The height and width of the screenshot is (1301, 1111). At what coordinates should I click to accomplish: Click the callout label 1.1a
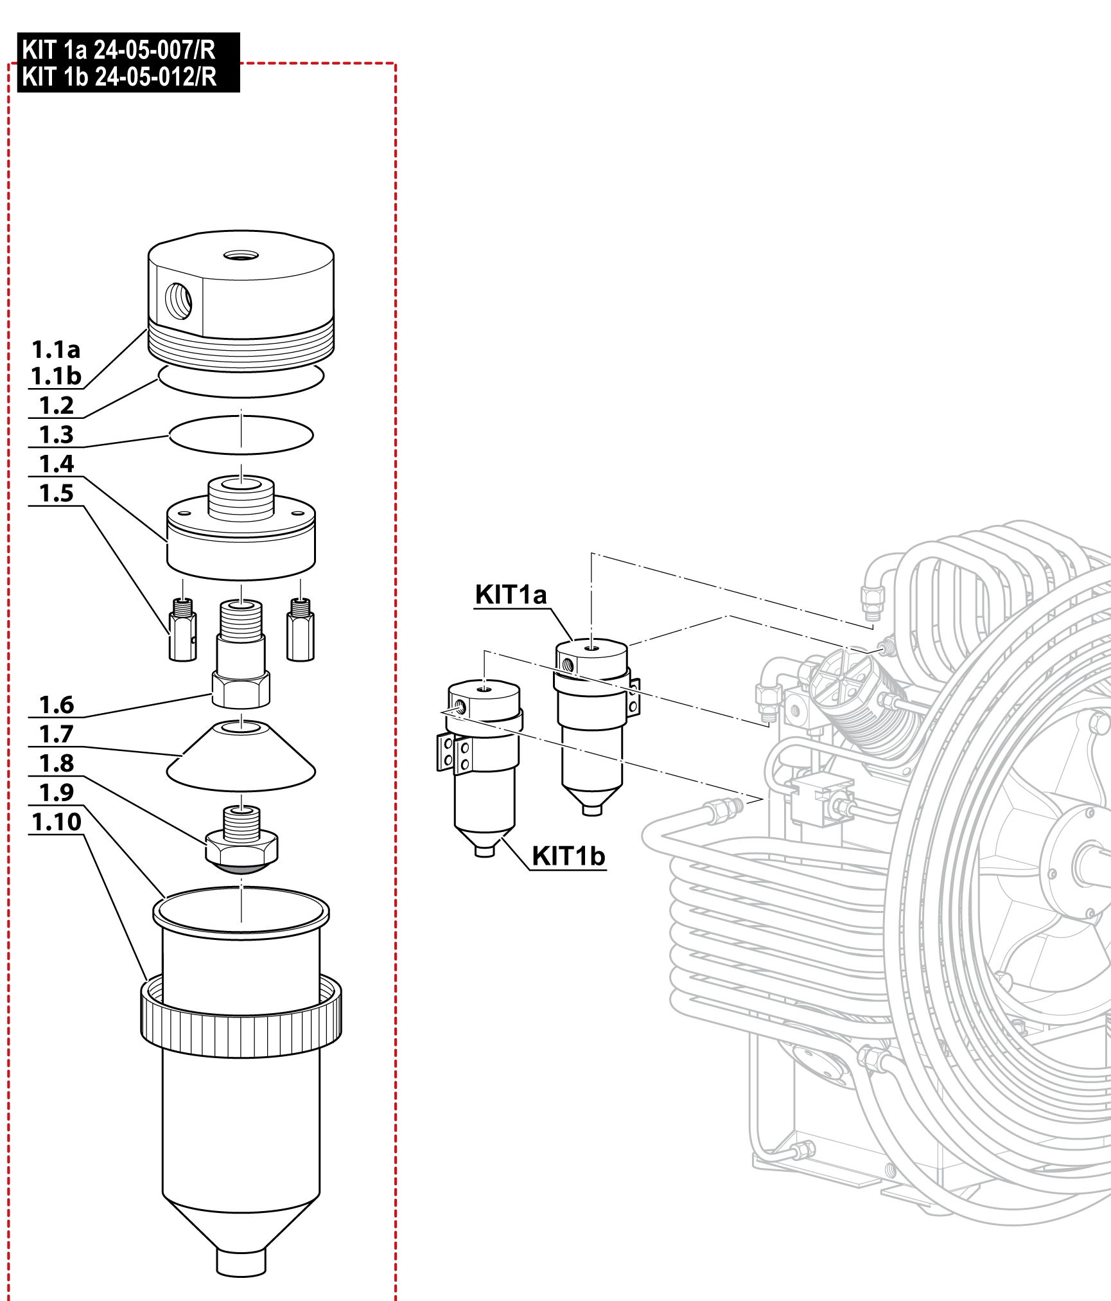point(57,350)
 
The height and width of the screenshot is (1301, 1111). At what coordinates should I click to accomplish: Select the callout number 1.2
point(57,405)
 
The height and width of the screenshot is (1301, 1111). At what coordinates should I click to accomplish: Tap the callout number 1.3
point(57,435)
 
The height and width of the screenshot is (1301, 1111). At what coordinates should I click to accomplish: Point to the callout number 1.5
point(57,493)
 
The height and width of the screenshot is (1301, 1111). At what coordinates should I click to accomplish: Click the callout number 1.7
point(57,734)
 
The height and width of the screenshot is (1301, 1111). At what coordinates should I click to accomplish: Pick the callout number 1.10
point(57,822)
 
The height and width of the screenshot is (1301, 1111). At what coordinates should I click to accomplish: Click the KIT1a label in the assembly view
point(511,595)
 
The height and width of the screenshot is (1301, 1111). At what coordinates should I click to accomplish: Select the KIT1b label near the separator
point(568,856)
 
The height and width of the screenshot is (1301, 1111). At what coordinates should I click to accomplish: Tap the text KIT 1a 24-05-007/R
point(119,49)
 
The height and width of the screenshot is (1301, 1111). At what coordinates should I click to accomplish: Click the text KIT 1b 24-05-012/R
point(119,77)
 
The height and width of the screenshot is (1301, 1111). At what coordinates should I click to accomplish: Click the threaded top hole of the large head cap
point(241,256)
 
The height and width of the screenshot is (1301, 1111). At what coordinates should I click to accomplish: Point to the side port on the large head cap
point(179,300)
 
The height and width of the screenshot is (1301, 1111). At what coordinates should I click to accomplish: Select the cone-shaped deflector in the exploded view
point(241,758)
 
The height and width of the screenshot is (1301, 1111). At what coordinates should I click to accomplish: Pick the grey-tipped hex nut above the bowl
point(241,848)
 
